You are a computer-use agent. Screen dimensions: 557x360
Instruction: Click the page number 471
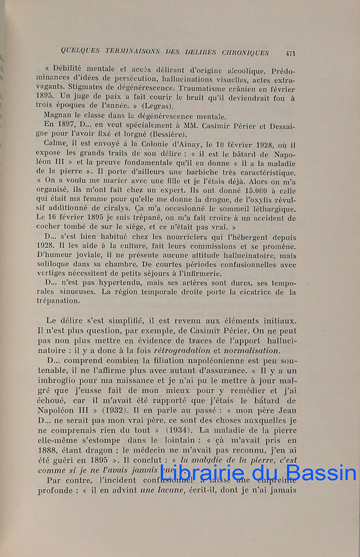(290, 53)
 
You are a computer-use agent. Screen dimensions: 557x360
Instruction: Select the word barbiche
(210, 172)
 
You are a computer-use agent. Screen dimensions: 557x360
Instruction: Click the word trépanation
(63, 301)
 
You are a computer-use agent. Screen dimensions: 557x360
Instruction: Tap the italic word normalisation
(250, 350)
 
